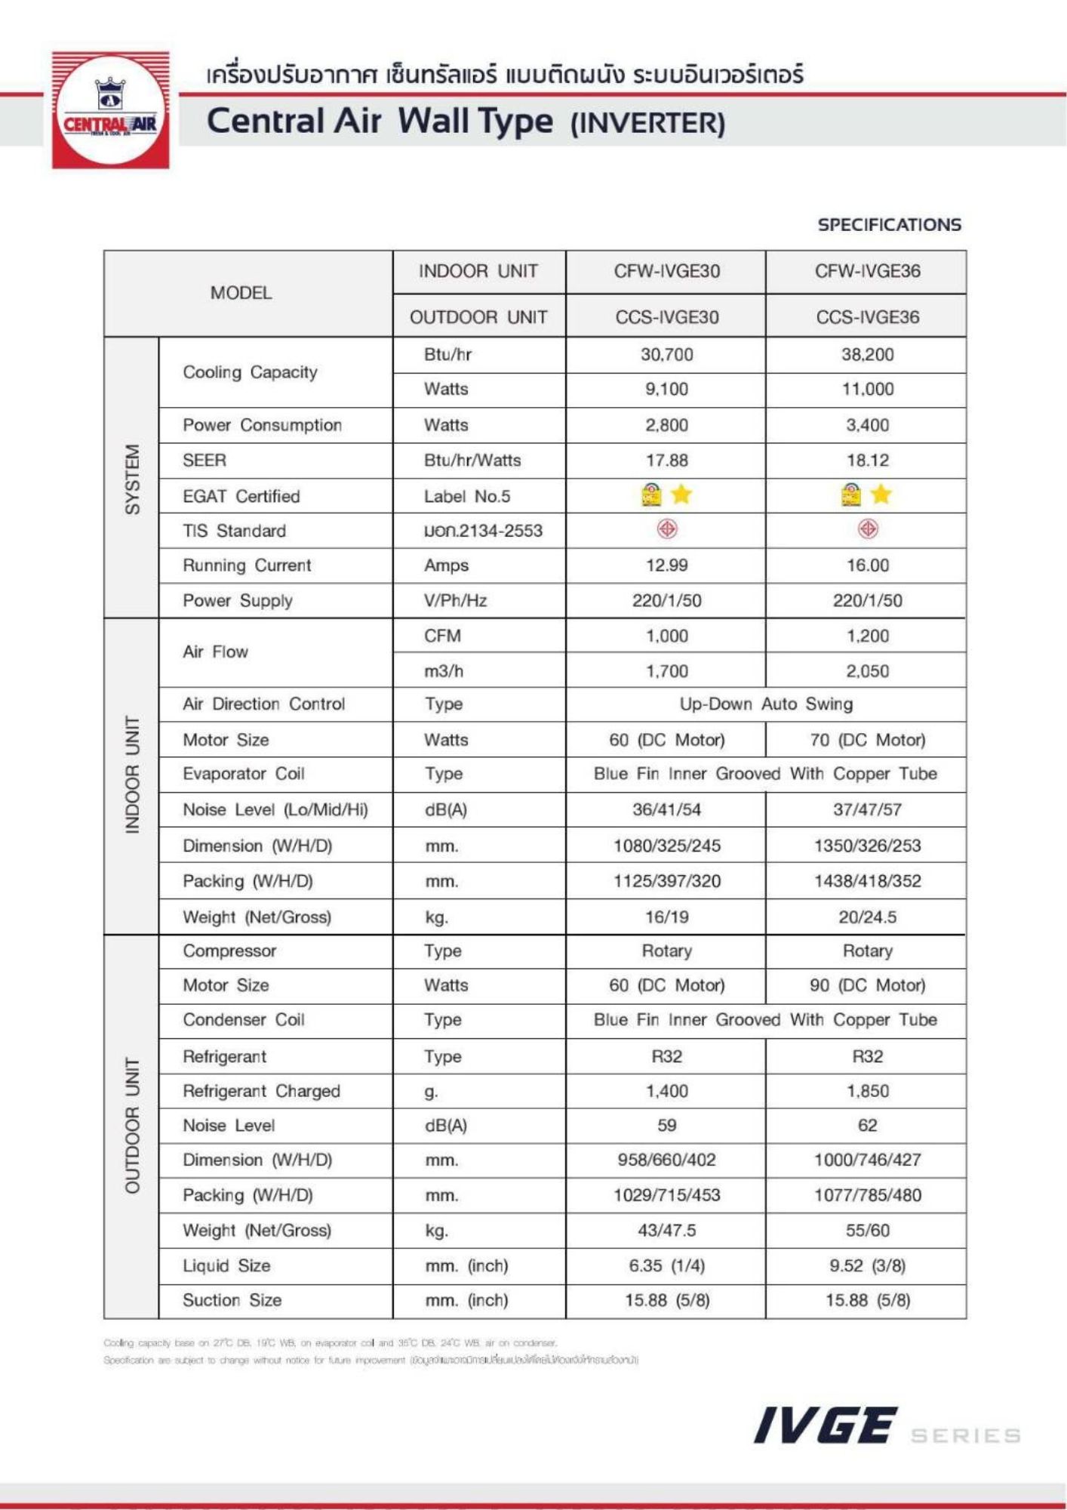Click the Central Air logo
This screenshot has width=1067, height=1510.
click(110, 110)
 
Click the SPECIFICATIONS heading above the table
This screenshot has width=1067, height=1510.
click(889, 224)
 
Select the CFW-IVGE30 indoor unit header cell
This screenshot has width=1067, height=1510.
click(666, 271)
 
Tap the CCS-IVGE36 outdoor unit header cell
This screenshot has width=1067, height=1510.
click(867, 317)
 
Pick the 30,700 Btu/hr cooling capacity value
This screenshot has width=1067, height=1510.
click(666, 354)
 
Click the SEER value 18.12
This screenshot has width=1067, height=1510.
click(867, 460)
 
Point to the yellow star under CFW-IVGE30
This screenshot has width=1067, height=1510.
click(681, 495)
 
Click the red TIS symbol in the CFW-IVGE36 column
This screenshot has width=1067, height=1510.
click(868, 529)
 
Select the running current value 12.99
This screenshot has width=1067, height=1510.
click(666, 565)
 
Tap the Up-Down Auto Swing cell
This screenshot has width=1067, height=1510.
click(766, 704)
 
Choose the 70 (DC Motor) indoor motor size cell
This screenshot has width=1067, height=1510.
click(867, 740)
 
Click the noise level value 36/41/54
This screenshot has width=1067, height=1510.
click(666, 809)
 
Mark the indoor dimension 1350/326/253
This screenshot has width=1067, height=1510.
click(867, 846)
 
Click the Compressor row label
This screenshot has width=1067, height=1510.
click(229, 951)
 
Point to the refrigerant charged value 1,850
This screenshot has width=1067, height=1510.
click(867, 1091)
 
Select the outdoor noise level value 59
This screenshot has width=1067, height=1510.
click(666, 1125)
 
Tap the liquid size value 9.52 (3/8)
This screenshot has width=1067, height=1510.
click(867, 1265)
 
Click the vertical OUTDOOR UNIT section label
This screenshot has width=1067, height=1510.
click(132, 1126)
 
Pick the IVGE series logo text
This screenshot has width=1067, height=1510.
click(826, 1426)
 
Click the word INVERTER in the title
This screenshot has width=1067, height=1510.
click(647, 123)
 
